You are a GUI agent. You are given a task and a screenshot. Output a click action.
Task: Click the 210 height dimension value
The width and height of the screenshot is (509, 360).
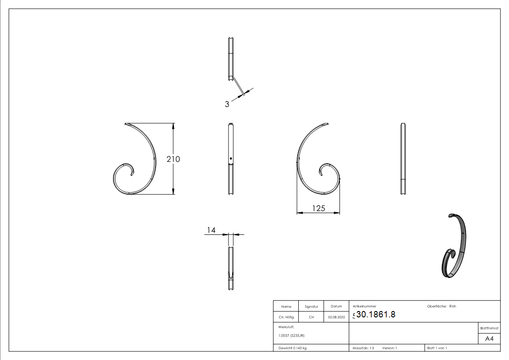pos(173,159)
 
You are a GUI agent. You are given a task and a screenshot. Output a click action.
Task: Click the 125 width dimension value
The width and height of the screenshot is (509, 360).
pos(319,208)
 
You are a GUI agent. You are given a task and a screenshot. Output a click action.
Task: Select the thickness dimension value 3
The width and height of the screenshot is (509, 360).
pos(227,104)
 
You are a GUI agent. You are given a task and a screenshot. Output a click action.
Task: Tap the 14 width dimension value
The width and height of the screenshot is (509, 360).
pos(211,230)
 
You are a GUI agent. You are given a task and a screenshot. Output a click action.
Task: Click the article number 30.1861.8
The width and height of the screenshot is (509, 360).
pos(376,315)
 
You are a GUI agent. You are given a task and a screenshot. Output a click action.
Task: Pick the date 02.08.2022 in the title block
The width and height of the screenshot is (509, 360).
pos(336,317)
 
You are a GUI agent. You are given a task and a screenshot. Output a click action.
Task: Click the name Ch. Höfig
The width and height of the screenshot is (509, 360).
pos(286,317)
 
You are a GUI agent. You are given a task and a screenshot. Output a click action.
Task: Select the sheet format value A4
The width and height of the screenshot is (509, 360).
pos(489,339)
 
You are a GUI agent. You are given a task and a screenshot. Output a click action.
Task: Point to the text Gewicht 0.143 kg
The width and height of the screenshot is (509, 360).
pos(292,348)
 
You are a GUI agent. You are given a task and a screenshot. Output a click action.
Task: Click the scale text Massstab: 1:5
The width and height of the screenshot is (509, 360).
pos(363,348)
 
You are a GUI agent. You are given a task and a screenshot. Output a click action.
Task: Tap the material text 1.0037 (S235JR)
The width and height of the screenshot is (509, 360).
pos(291,336)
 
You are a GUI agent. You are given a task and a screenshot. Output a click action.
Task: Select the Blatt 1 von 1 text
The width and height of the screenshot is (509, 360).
pos(437,348)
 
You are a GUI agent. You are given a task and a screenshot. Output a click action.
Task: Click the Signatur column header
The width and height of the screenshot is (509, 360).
pos(311,306)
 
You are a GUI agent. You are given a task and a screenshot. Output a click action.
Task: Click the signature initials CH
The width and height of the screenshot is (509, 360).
pos(311,317)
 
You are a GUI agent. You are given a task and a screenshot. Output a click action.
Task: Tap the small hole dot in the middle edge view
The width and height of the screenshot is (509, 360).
pos(231,158)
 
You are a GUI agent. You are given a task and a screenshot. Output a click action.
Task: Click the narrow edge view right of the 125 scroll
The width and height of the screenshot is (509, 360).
pos(403,159)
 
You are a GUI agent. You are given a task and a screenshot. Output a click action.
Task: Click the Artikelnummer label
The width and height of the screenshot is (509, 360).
pos(364,306)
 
